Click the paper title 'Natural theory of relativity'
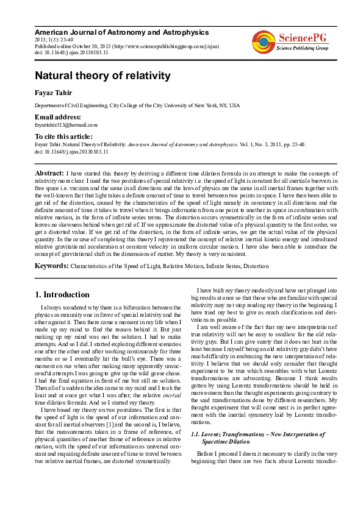[102, 76]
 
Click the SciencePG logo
[290, 41]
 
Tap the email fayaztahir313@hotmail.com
[66, 124]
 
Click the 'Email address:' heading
[59, 116]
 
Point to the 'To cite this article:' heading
[63, 136]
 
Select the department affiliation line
[137, 105]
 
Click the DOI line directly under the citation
[71, 151]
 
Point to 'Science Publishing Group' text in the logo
[303, 48]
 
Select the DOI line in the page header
[71, 52]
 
